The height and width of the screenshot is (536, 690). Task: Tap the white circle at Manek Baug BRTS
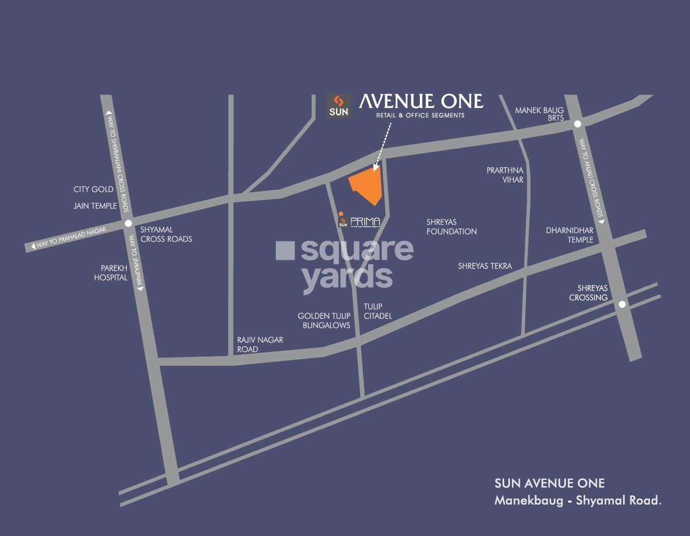point(577,124)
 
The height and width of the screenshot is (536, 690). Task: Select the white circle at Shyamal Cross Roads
point(128,223)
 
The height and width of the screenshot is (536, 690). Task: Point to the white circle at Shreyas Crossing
point(622,304)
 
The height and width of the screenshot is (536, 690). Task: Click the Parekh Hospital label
point(112,273)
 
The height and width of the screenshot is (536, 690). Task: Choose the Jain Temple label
point(95,206)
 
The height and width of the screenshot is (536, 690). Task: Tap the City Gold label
point(93,189)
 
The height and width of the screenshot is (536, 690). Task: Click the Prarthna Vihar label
point(505,175)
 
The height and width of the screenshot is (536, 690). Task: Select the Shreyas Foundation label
point(451,227)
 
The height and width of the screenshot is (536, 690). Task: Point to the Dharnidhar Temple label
point(570,235)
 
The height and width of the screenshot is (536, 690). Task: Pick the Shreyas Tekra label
point(485,266)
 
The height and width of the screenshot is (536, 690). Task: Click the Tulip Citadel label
point(378,311)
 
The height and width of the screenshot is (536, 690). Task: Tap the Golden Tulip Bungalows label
point(324,320)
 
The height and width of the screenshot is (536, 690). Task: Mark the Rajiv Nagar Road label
point(260,344)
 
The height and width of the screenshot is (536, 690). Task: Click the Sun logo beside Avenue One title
point(339,105)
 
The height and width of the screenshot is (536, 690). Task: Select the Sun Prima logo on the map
point(360,222)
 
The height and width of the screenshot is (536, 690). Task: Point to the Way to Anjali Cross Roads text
point(591,179)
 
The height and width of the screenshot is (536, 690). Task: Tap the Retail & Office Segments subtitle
point(420,115)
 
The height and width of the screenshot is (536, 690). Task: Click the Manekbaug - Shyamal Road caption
point(577,500)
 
